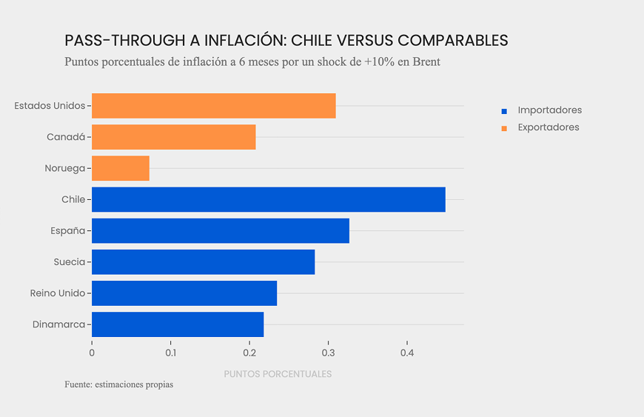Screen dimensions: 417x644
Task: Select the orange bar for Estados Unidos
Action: [213, 106]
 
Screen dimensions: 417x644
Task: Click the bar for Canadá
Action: [173, 137]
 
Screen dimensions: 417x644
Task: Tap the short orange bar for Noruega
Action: [120, 168]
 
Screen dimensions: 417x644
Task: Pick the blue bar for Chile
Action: [268, 199]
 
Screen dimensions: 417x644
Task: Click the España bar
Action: [220, 230]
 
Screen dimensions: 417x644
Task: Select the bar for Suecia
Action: [203, 261]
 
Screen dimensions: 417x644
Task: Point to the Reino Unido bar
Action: [184, 293]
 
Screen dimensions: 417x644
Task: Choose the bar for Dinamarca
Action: [177, 324]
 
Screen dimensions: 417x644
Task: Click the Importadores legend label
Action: [549, 110]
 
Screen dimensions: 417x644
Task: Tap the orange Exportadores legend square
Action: [504, 128]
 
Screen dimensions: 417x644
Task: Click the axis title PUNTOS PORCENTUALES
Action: [278, 374]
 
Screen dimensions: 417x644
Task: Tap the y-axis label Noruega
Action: [64, 168]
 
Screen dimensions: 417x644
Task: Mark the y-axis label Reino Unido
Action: [58, 293]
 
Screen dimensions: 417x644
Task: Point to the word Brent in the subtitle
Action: [425, 62]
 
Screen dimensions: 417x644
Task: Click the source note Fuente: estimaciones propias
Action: [118, 385]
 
